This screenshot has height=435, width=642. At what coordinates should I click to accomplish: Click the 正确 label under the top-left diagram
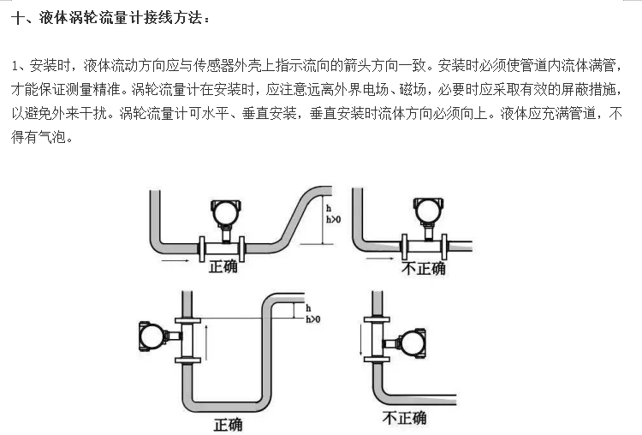pyautogui.click(x=223, y=266)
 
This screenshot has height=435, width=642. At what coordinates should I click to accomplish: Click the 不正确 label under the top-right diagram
pyautogui.click(x=424, y=269)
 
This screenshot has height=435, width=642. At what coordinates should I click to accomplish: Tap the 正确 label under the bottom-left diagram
pyautogui.click(x=228, y=425)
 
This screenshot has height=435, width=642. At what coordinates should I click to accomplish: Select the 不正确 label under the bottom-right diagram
pyautogui.click(x=405, y=418)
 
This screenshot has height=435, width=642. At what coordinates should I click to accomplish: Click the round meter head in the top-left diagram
pyautogui.click(x=225, y=213)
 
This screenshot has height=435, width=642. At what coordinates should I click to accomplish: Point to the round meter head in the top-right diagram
pyautogui.click(x=428, y=212)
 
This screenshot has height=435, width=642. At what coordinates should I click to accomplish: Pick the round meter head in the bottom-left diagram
pyautogui.click(x=152, y=337)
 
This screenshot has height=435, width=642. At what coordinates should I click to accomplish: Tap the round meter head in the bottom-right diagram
pyautogui.click(x=413, y=343)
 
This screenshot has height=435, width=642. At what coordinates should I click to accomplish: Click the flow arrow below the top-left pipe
pyautogui.click(x=175, y=260)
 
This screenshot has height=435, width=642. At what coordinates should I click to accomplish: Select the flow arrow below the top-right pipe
pyautogui.click(x=379, y=259)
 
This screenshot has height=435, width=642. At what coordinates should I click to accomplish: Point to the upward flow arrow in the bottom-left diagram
pyautogui.click(x=206, y=343)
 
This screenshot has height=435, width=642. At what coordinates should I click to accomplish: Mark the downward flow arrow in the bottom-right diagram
pyautogui.click(x=360, y=340)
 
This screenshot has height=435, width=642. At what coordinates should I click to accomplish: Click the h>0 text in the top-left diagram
pyautogui.click(x=333, y=219)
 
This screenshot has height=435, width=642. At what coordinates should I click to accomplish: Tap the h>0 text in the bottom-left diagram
pyautogui.click(x=313, y=319)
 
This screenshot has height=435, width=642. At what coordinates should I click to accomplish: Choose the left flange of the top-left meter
pyautogui.click(x=202, y=248)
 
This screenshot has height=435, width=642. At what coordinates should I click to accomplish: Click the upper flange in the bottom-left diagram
pyautogui.click(x=187, y=321)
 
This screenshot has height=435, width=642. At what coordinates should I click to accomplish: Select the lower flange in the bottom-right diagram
pyautogui.click(x=377, y=360)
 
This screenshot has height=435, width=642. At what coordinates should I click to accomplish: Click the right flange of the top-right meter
pyautogui.click(x=444, y=246)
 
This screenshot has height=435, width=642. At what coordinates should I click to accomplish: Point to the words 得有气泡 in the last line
pyautogui.click(x=39, y=137)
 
